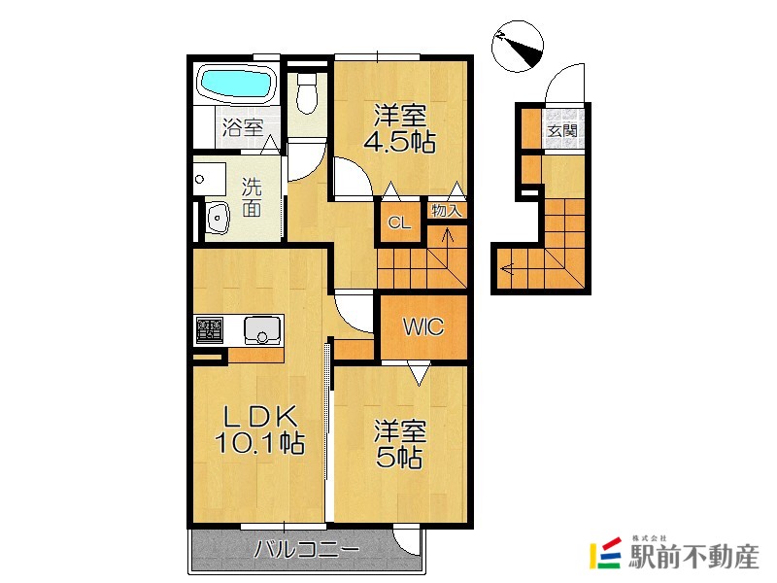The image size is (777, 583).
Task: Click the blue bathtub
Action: coord(236,84)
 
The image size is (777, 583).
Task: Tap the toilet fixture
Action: coord(307,92)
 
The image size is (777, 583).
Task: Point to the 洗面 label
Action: coord(252,197)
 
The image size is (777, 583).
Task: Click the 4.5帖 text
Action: coord(399,143)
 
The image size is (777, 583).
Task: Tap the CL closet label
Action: coord(399,223)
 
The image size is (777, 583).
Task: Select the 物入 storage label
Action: coord(447,211)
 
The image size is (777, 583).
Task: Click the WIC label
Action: coord(423,326)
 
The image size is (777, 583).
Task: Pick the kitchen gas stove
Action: coord(210,330)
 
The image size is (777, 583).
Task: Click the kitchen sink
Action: coord(261,330)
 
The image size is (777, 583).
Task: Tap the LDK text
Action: coord(259,418)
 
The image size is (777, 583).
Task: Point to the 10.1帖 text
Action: coord(259,443)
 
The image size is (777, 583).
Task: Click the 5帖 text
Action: coord(399,457)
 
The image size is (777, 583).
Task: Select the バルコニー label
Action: coord(307,549)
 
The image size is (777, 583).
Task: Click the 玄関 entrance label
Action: coord(562,131)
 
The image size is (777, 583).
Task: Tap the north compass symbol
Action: coord(518,46)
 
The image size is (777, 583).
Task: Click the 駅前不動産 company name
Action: coord(693,556)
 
